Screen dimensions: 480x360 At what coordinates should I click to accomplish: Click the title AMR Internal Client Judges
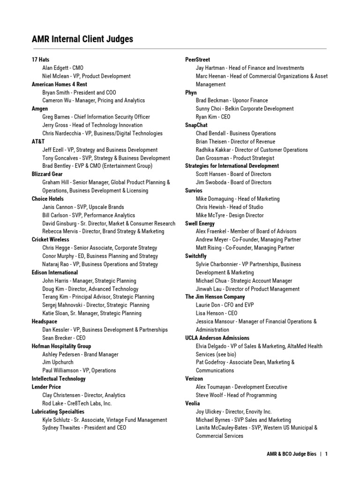tap(82, 39)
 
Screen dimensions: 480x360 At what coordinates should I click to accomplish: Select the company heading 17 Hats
tap(40, 60)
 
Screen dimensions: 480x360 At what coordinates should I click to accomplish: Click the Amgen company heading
tap(40, 109)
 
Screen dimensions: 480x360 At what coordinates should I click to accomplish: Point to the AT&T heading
tap(38, 142)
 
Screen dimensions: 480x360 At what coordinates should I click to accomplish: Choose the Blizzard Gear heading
tap(47, 174)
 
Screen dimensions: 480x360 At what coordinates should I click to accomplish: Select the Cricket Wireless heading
tap(50, 240)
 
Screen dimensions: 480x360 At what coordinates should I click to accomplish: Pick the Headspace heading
tap(44, 322)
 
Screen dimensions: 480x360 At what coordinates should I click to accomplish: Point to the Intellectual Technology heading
tap(59, 379)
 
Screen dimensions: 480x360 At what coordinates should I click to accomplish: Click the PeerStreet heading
tap(197, 60)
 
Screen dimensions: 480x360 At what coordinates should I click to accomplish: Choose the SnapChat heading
tap(196, 125)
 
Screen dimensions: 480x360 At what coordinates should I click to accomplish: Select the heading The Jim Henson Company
tap(215, 297)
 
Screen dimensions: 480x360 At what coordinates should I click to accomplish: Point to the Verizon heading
tap(194, 379)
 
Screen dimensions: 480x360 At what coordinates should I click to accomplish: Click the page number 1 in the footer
tap(326, 454)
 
